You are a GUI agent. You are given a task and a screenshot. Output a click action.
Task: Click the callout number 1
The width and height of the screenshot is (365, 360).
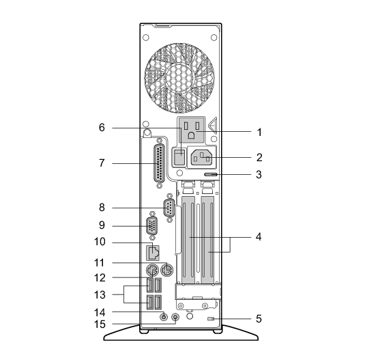(259, 133)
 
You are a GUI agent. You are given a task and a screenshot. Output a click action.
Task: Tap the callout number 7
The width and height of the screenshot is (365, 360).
(102, 163)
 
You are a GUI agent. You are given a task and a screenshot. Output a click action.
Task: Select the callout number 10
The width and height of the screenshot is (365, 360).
(100, 242)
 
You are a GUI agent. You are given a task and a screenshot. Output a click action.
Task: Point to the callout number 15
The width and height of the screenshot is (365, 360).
(100, 324)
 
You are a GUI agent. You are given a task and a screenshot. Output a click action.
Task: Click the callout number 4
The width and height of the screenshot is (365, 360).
(259, 237)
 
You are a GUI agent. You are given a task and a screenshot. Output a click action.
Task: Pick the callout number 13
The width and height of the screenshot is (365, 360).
(100, 294)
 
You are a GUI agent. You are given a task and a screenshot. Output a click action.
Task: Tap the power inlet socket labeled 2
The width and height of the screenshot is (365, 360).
(201, 158)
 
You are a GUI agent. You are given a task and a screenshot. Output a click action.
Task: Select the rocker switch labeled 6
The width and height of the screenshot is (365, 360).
(179, 157)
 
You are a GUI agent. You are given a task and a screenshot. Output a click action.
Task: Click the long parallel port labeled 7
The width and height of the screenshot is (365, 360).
(159, 163)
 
